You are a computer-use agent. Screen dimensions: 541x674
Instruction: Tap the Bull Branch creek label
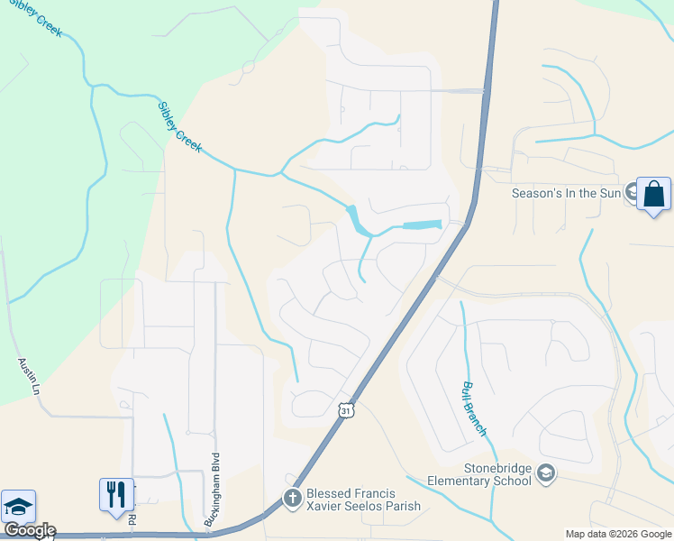(474, 408)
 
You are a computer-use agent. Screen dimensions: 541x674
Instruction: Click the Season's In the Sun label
(566, 193)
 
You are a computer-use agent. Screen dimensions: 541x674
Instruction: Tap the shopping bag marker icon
(653, 193)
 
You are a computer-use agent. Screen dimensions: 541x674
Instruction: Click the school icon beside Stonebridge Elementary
(545, 472)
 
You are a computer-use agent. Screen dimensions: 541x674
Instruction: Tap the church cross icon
(292, 498)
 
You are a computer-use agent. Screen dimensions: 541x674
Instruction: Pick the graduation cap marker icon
(18, 507)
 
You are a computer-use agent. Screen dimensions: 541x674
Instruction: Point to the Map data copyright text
(617, 534)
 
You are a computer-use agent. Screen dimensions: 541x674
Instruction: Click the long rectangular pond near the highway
(422, 225)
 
